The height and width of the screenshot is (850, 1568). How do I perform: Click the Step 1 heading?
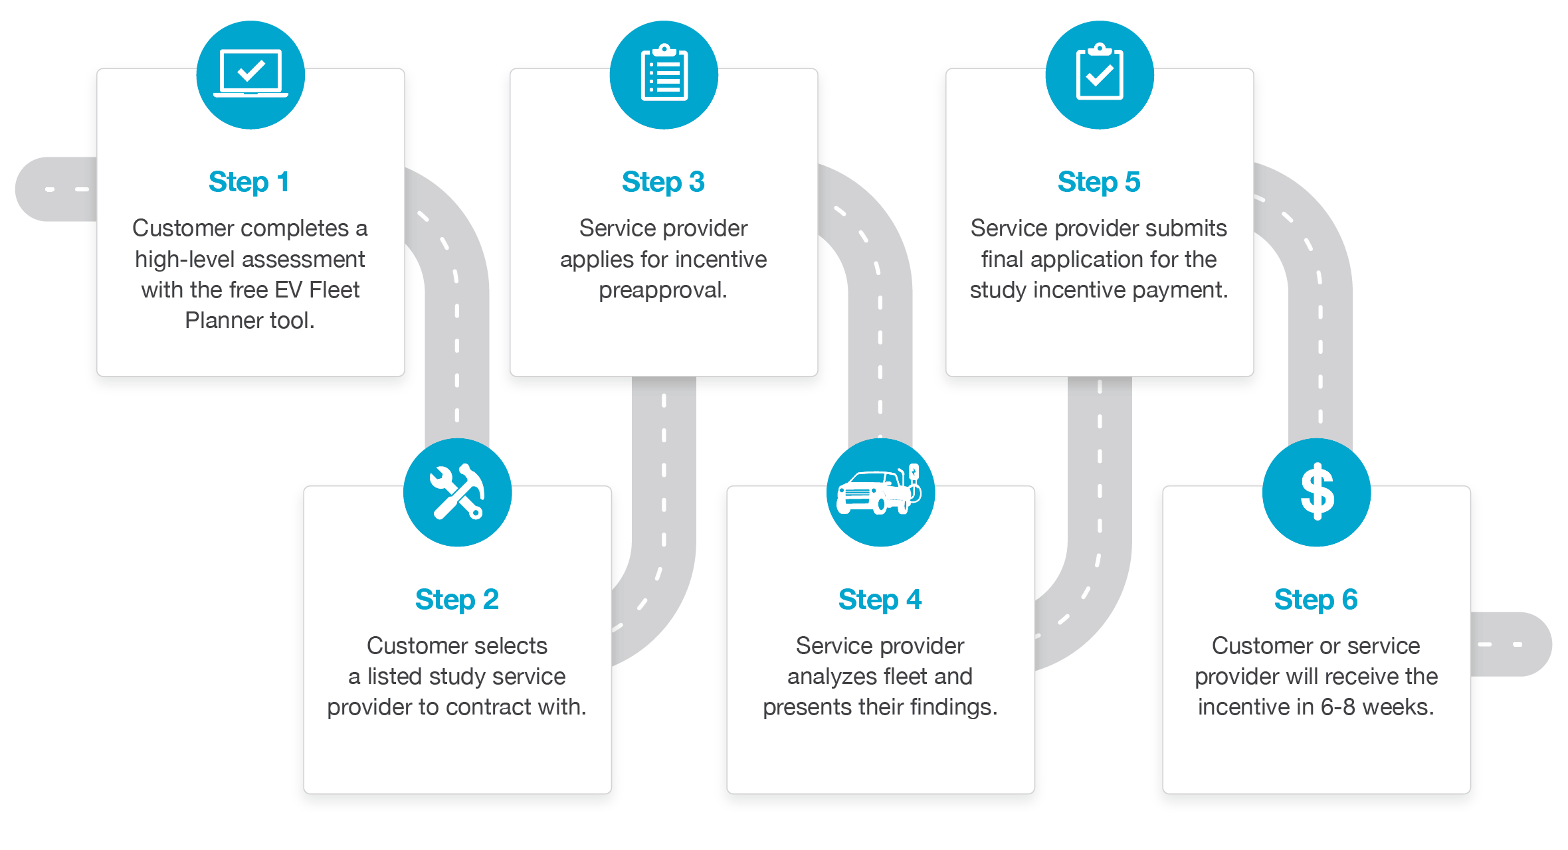[x=249, y=182]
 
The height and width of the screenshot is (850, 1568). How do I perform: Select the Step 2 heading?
[x=457, y=600]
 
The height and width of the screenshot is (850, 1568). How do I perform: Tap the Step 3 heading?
[x=663, y=182]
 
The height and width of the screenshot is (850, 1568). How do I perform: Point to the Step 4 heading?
[x=880, y=600]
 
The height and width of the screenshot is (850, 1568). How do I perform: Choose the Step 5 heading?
[x=1099, y=182]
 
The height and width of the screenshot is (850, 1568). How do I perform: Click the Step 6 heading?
[x=1316, y=600]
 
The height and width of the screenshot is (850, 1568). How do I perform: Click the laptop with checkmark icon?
[x=250, y=74]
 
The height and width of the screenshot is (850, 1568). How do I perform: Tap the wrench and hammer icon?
[x=457, y=492]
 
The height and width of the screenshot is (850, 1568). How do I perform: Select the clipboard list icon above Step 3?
[x=664, y=72]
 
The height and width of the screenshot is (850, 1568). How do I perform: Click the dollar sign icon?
[x=1317, y=491]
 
